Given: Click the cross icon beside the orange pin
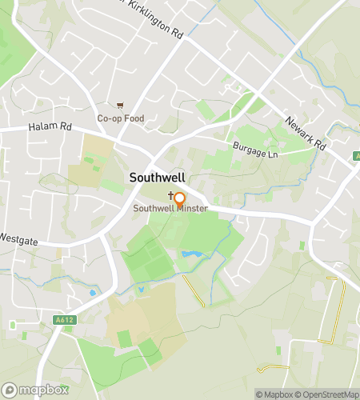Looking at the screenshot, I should click(170, 196).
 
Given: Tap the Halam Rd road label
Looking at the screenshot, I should click(50, 127).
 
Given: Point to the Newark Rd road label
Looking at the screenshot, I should click(306, 134).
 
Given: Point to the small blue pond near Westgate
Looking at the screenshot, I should click(93, 293).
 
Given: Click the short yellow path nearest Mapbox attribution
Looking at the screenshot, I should click(273, 368).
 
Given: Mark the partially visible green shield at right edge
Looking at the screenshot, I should click(357, 155).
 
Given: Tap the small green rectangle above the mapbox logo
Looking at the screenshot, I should click(12, 325).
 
